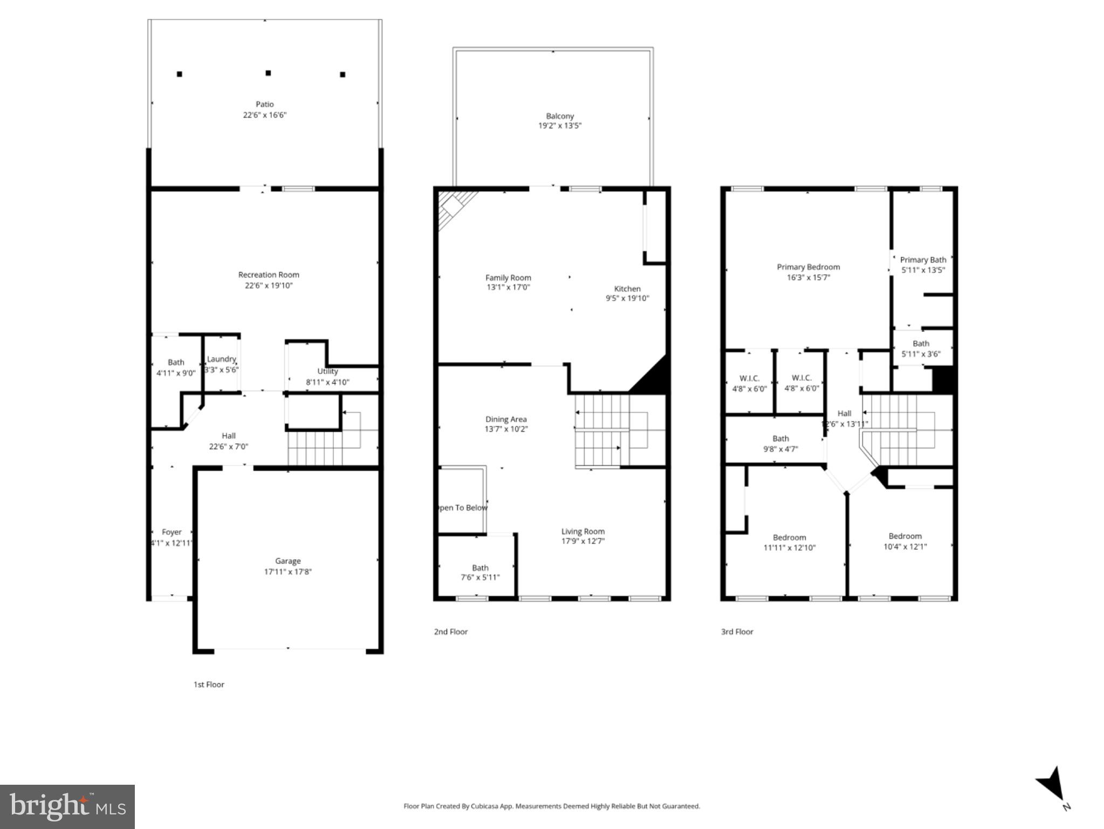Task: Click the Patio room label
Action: pyautogui.click(x=264, y=104)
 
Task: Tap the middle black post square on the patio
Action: pyautogui.click(x=268, y=73)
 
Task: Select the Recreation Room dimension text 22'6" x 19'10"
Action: pyautogui.click(x=269, y=286)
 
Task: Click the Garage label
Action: pyautogui.click(x=287, y=561)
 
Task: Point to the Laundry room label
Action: pyautogui.click(x=221, y=359)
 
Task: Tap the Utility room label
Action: pyautogui.click(x=327, y=371)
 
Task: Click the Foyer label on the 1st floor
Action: pyautogui.click(x=172, y=532)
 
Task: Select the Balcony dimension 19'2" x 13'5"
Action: pyautogui.click(x=560, y=126)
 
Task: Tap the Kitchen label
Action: pyautogui.click(x=627, y=288)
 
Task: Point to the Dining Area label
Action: pyautogui.click(x=506, y=419)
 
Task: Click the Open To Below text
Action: pyautogui.click(x=462, y=507)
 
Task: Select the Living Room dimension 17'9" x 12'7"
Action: pyautogui.click(x=583, y=541)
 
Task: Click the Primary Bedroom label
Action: pyautogui.click(x=808, y=267)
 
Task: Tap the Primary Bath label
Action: pyautogui.click(x=923, y=260)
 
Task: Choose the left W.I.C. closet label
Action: pyautogui.click(x=749, y=378)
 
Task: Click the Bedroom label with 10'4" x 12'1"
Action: pyautogui.click(x=905, y=536)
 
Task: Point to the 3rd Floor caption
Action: pyautogui.click(x=737, y=631)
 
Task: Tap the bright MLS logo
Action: pyautogui.click(x=67, y=807)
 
